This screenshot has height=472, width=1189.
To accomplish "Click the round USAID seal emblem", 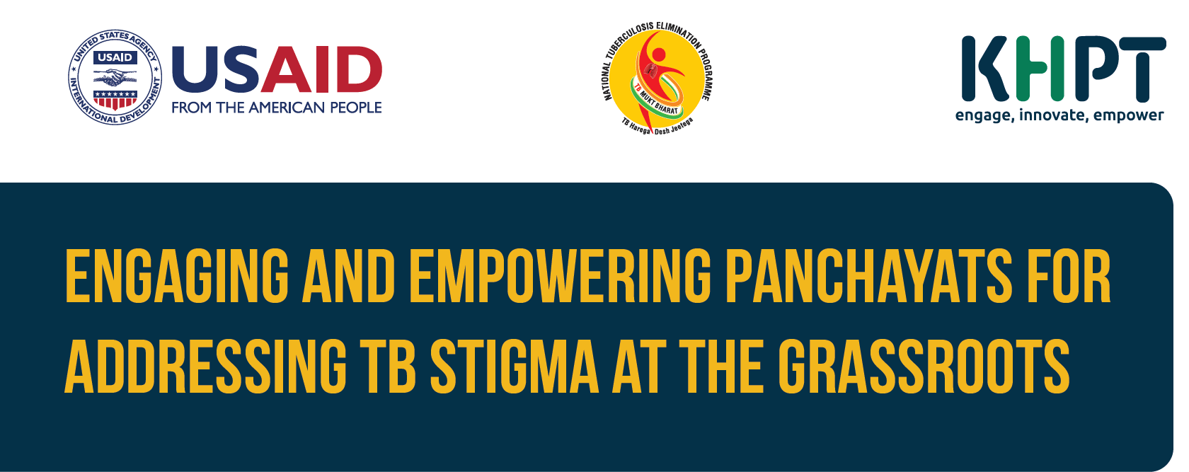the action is [x=115, y=78].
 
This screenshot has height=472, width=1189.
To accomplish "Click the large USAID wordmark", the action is [x=277, y=69].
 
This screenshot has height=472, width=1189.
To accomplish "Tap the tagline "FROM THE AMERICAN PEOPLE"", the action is [x=277, y=108].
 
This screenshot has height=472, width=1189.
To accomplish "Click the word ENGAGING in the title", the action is [x=177, y=276].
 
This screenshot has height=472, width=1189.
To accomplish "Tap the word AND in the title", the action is [x=349, y=276].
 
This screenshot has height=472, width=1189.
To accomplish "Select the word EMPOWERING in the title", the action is [x=560, y=276].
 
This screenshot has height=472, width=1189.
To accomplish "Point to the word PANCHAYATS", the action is [x=868, y=276].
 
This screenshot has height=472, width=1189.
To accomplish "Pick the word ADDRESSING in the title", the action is [x=205, y=367].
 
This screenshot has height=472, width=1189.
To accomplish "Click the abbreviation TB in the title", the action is [x=388, y=367].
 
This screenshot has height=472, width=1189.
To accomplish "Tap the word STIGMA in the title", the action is [x=515, y=367].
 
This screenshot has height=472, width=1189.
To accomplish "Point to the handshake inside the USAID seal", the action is [x=115, y=79].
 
